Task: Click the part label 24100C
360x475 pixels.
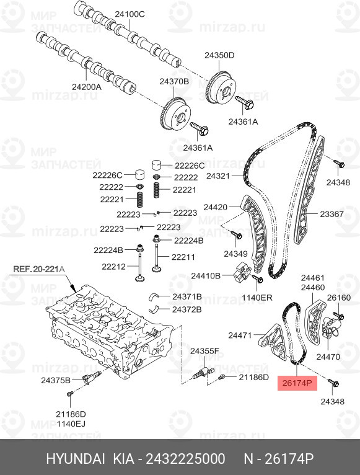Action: point(130,14)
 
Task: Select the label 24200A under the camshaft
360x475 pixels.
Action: point(87,87)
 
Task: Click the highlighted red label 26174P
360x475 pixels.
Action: point(297,383)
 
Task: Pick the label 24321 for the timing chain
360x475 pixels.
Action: point(218,175)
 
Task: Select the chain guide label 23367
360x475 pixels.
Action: point(332,214)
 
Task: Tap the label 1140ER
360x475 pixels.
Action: point(257,298)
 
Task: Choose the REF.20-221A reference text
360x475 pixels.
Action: point(39,269)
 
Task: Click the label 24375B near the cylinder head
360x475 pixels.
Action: point(56,380)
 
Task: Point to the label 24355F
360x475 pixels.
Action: point(204,351)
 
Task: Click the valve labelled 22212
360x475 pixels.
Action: point(139,267)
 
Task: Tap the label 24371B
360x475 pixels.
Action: point(187,296)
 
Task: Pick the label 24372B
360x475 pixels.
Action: point(187,309)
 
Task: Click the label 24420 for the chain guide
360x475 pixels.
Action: point(215,207)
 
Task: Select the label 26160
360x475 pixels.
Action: point(339,298)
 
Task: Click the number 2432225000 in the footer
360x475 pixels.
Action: point(186,459)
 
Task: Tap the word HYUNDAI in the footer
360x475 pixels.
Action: point(76,459)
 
